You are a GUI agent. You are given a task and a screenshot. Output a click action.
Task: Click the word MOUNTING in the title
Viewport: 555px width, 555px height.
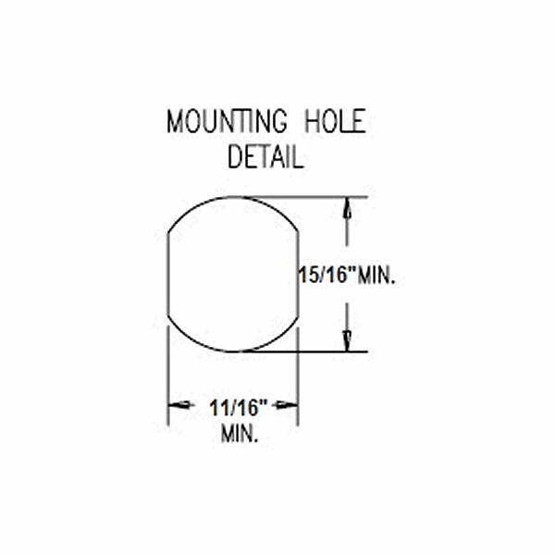[227, 121]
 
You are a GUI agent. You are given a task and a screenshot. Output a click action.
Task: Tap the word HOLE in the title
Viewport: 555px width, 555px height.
[335, 121]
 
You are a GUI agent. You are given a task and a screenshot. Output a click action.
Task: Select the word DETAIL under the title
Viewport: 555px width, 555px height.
[265, 156]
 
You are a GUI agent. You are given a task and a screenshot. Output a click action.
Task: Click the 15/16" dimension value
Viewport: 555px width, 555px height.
[326, 275]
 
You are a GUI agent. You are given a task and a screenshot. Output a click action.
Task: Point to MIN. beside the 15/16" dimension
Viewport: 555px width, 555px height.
[376, 276]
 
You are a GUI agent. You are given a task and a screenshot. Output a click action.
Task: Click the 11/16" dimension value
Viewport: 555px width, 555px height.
[238, 407]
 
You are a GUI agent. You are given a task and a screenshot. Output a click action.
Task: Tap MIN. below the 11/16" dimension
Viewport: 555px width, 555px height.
[240, 434]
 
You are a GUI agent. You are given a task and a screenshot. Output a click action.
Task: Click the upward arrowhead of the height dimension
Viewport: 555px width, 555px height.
[347, 208]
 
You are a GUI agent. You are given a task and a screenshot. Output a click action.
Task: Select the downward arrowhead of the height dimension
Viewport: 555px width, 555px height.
[347, 340]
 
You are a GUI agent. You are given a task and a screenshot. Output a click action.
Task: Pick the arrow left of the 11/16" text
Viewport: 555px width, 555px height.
[181, 405]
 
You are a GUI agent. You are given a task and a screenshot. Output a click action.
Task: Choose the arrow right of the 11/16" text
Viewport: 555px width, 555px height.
[286, 405]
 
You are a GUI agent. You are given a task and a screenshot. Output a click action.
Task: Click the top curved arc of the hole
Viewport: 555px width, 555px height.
[233, 197]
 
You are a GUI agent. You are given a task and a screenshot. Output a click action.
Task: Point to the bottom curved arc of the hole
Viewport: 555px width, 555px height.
[233, 351]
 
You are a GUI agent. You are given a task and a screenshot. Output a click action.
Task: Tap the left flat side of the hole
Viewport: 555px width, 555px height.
[167, 274]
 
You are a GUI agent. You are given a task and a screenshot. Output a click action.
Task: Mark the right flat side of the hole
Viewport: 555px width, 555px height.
[298, 274]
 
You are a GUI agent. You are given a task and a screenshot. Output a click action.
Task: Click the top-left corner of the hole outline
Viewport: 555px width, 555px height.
[167, 234]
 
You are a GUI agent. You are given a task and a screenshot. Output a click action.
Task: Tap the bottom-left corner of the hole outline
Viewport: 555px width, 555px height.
[167, 314]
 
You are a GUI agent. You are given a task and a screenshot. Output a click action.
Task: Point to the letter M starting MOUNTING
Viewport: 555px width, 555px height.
[175, 121]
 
